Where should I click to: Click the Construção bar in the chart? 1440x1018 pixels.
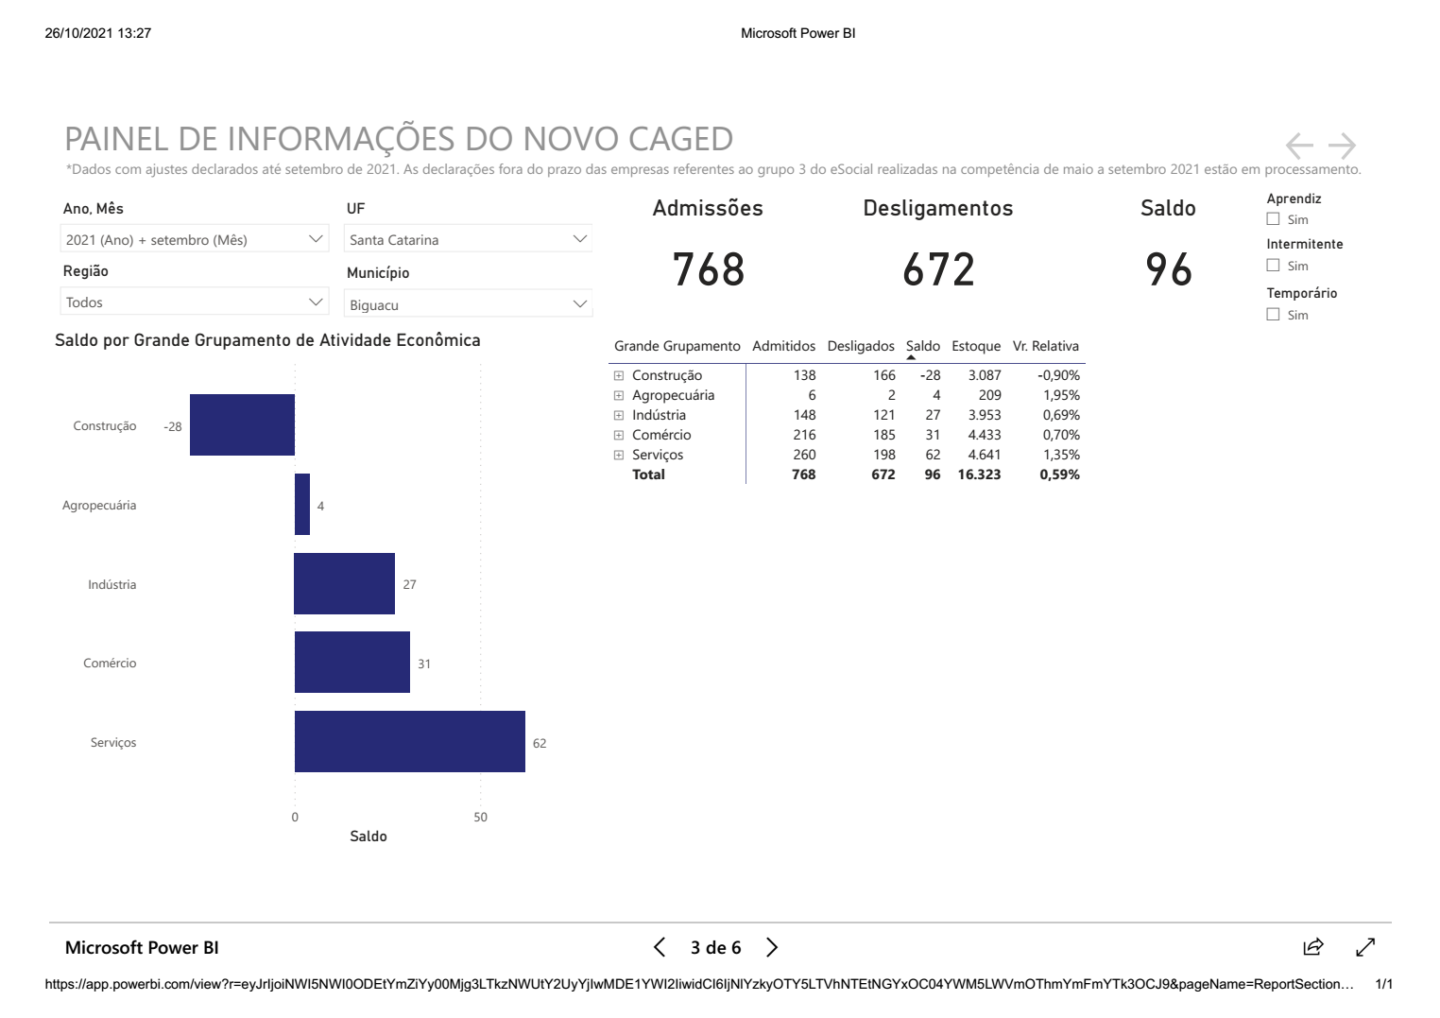(242, 425)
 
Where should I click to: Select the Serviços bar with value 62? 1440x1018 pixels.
(409, 742)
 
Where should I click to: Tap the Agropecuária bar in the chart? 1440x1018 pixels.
(302, 505)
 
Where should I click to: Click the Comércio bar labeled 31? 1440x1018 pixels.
(351, 663)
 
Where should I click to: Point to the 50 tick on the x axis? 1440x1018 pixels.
(481, 818)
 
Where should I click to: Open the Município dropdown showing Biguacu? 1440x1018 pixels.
(468, 304)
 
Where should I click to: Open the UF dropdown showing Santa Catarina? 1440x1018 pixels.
(468, 240)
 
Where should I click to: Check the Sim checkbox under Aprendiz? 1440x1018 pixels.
(1273, 219)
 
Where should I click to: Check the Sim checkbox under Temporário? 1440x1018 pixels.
(1273, 315)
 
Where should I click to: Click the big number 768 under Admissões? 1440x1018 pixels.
(708, 270)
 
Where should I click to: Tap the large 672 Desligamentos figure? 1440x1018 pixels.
(937, 270)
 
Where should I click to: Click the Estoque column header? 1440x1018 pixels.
(975, 346)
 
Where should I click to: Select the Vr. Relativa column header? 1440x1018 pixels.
(1045, 346)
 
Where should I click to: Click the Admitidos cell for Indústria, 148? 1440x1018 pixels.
(804, 415)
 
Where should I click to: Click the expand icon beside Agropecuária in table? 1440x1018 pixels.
(619, 395)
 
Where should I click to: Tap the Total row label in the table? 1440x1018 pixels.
(648, 474)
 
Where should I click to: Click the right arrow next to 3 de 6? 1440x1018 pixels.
(772, 947)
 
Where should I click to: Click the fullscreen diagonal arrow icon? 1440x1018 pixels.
(1364, 947)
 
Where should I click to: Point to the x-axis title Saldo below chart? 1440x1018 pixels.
(369, 837)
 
